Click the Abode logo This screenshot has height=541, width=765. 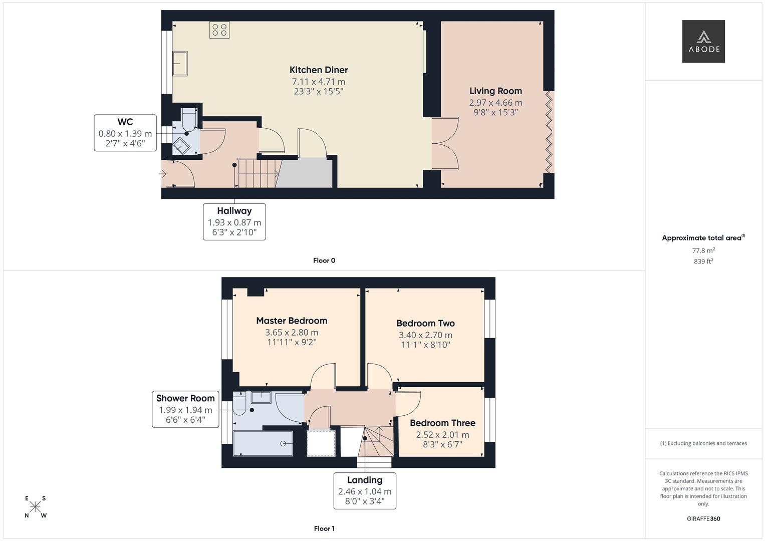(703, 42)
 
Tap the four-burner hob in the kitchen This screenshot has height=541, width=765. (219, 30)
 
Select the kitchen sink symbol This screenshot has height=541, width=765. (180, 64)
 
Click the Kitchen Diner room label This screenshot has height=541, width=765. (319, 70)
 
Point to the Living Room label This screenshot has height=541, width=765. (495, 91)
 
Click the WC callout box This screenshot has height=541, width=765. (125, 133)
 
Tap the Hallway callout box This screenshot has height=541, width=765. (234, 222)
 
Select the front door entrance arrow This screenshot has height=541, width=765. (163, 174)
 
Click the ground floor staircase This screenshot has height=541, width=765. (257, 173)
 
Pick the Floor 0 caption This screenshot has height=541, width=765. (324, 260)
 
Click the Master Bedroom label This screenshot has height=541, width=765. (292, 321)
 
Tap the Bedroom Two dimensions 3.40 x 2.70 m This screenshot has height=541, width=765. (425, 335)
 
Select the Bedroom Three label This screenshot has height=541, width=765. (442, 423)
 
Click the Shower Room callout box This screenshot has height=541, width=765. (185, 409)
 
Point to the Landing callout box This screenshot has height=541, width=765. (365, 490)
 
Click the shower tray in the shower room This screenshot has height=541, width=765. (263, 443)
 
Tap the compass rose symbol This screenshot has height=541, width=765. (36, 507)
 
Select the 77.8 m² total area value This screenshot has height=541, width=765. (703, 250)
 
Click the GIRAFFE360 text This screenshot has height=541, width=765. (703, 519)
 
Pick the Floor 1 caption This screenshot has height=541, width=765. (324, 528)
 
